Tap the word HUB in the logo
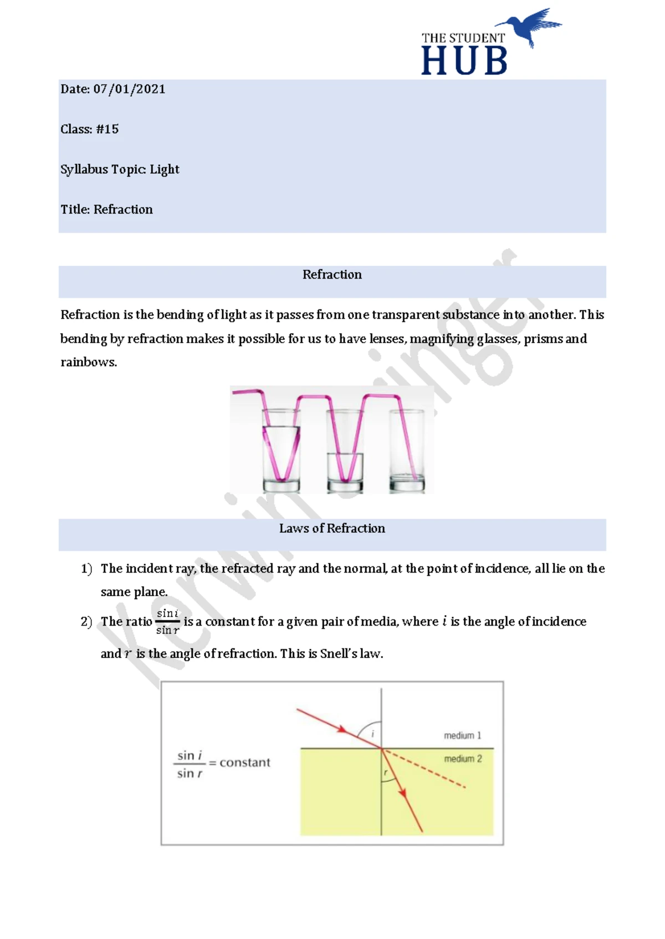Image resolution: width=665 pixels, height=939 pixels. (x=464, y=61)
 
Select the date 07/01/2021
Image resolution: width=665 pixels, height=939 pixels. (x=129, y=89)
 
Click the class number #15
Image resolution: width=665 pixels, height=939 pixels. (x=107, y=129)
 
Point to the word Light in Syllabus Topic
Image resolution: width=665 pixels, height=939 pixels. (x=165, y=169)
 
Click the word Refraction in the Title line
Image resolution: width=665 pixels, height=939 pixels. (x=123, y=209)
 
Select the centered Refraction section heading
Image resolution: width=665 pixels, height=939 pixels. (x=332, y=275)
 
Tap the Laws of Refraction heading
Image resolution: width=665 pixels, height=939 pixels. (x=332, y=528)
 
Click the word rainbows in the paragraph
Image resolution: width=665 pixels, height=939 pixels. (x=88, y=362)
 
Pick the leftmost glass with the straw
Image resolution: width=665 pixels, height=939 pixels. (x=281, y=451)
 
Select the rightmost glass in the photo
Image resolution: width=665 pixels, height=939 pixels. (x=407, y=451)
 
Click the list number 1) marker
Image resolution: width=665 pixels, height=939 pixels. (x=86, y=569)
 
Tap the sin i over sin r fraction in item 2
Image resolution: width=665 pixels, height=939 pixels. (x=167, y=621)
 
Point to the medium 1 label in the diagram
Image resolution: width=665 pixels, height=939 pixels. (x=462, y=735)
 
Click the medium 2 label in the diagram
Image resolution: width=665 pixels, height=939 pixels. (x=463, y=759)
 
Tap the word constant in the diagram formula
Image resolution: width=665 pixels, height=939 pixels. (x=245, y=762)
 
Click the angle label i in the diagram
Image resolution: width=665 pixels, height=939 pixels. (x=372, y=734)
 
